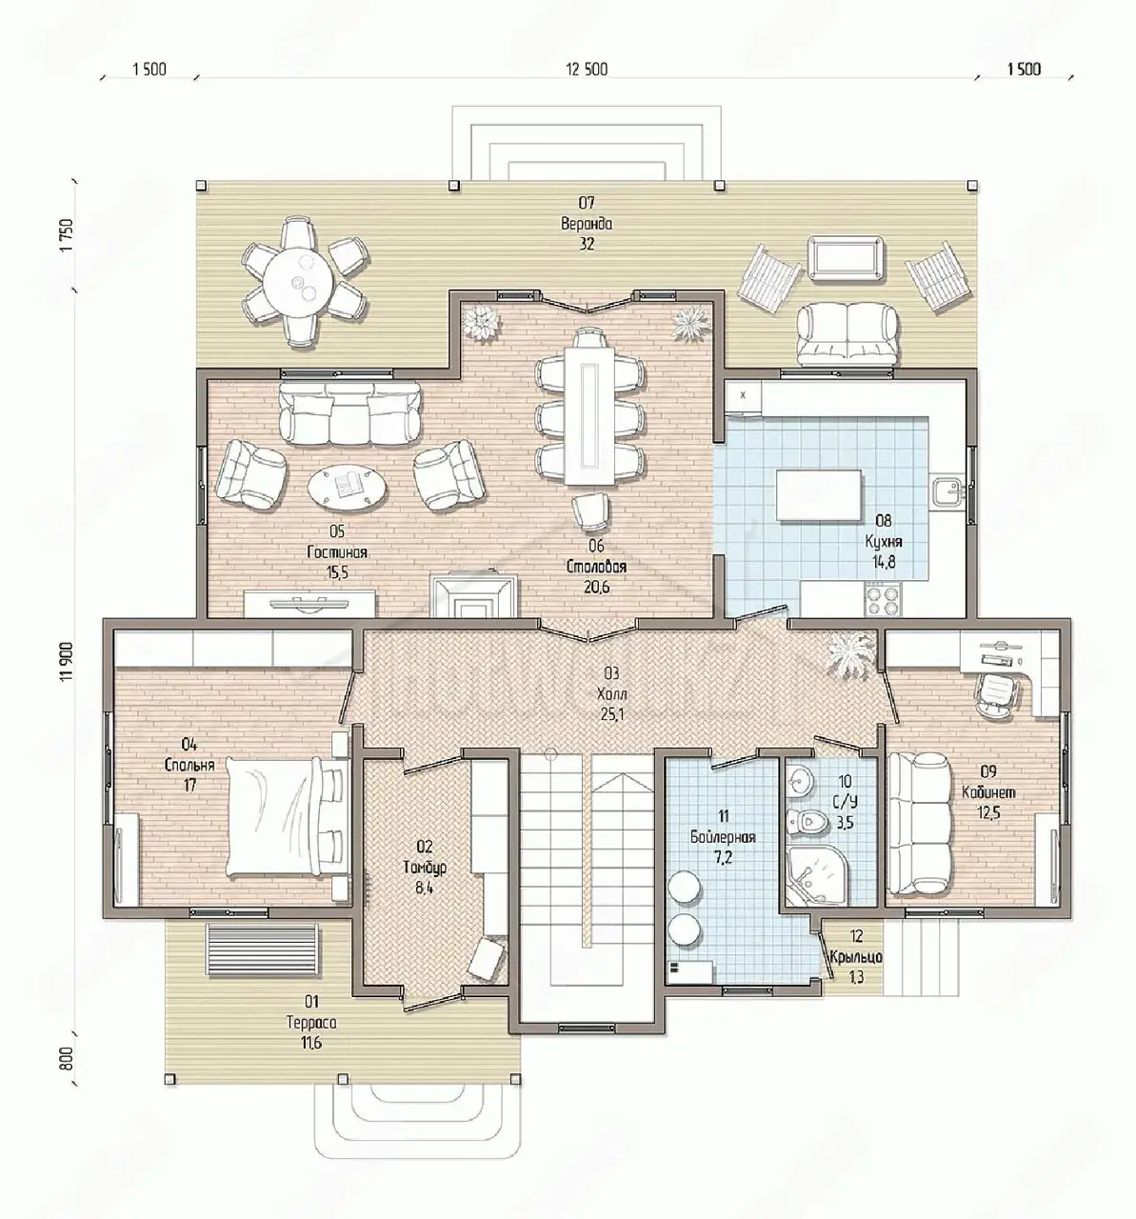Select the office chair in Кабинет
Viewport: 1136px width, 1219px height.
click(996, 693)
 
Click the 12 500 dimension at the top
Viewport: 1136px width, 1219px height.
click(587, 70)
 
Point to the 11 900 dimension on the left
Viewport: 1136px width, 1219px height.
click(67, 660)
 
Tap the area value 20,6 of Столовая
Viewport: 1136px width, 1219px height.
click(596, 587)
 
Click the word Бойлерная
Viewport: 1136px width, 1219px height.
click(723, 836)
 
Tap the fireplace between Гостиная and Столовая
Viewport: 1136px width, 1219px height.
click(472, 596)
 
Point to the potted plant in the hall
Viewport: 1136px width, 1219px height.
click(849, 656)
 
